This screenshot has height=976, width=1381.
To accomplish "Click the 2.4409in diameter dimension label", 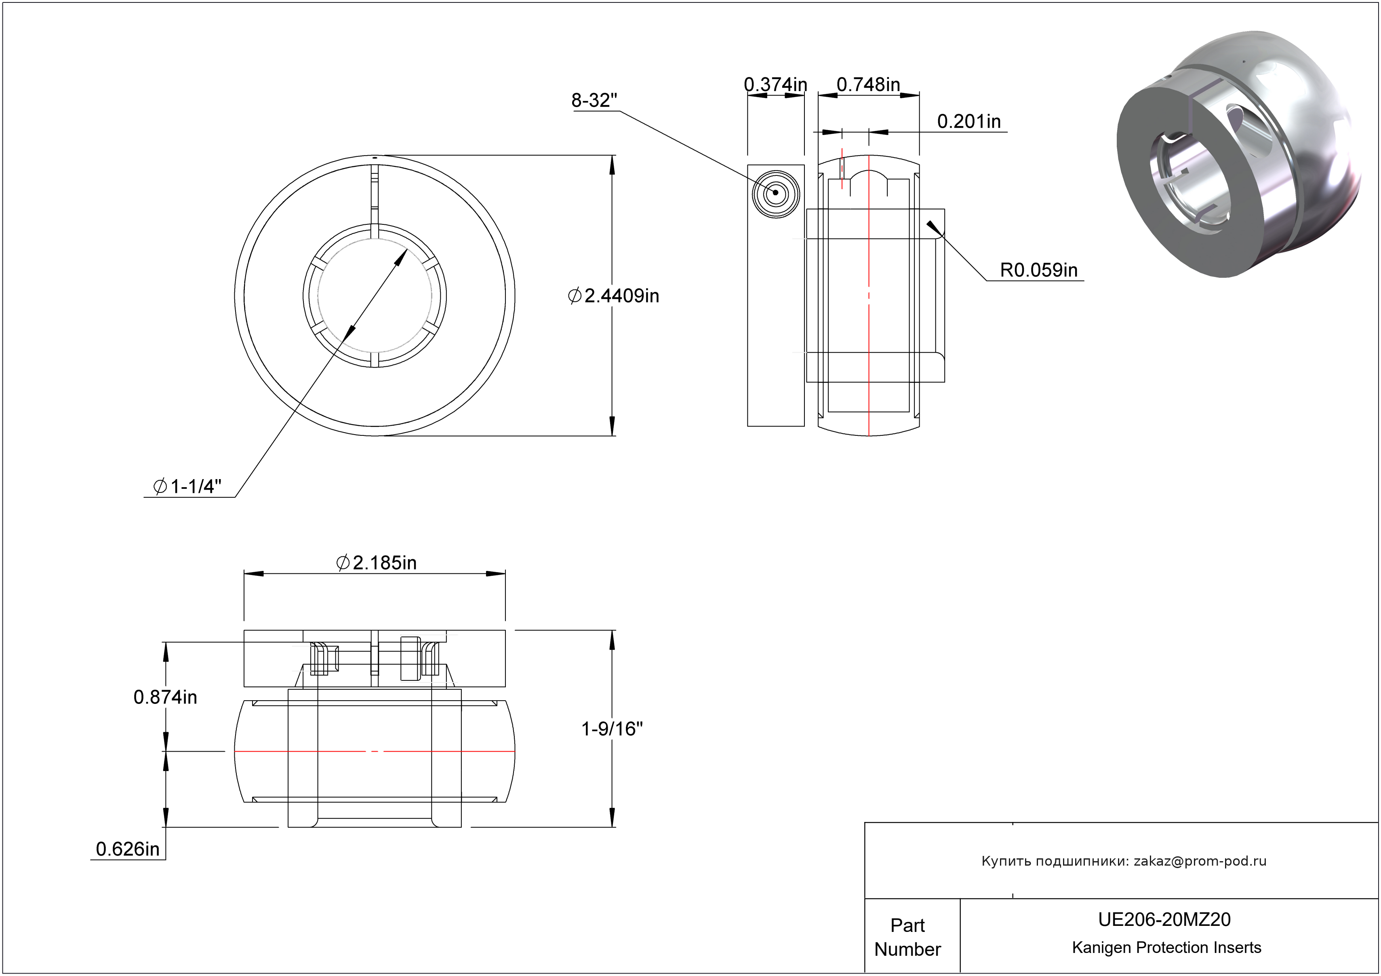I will point(614,296).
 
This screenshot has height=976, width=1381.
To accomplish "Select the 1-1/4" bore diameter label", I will point(187,486).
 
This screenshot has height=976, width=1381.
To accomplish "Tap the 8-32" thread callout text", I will point(594,101).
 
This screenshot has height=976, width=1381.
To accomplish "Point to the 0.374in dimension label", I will point(775,85).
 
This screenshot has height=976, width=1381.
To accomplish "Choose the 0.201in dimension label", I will point(968,122).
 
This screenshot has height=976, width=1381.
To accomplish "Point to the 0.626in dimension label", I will point(128,849).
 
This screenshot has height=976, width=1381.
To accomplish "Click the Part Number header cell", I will point(907,936).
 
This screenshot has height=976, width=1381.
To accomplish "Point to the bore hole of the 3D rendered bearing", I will point(1188,180).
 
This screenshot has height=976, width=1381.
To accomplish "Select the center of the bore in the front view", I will point(375,296).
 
